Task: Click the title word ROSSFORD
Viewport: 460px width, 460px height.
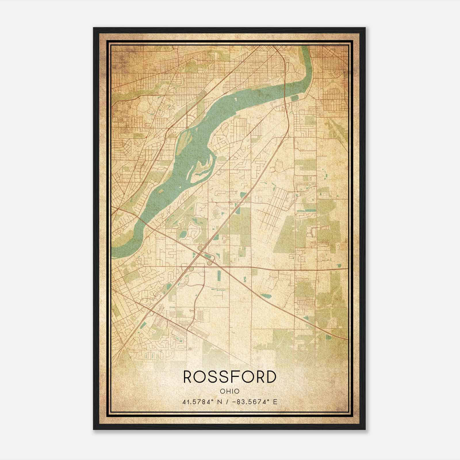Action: tap(230, 377)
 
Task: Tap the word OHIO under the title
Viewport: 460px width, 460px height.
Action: tap(230, 391)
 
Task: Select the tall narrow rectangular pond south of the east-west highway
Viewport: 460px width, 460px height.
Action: tap(219, 276)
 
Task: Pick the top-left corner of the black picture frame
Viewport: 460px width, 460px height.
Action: tap(94, 28)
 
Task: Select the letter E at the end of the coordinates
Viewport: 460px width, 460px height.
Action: tap(275, 402)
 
